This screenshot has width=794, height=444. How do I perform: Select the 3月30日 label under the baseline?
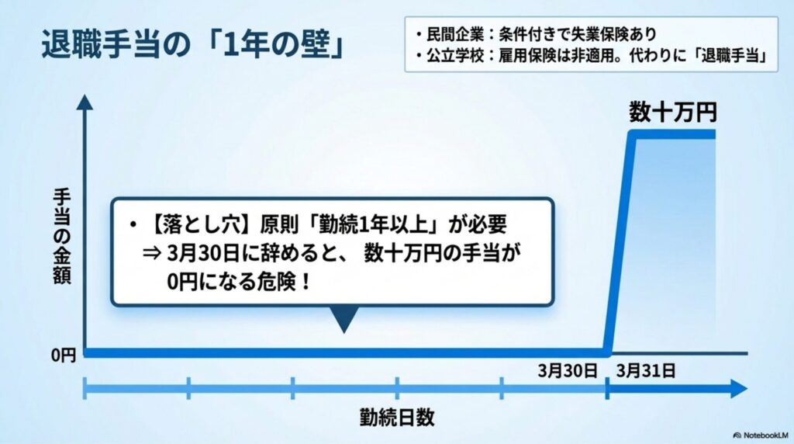pos(568,371)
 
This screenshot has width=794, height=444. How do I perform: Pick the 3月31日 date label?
pos(645,371)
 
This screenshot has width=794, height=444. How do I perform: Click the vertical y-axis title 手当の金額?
pos(63,237)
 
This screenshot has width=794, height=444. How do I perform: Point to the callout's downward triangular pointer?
pos(342,317)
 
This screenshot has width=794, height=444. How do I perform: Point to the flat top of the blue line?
pos(675,135)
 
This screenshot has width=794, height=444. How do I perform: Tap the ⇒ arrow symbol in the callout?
pos(150,254)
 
